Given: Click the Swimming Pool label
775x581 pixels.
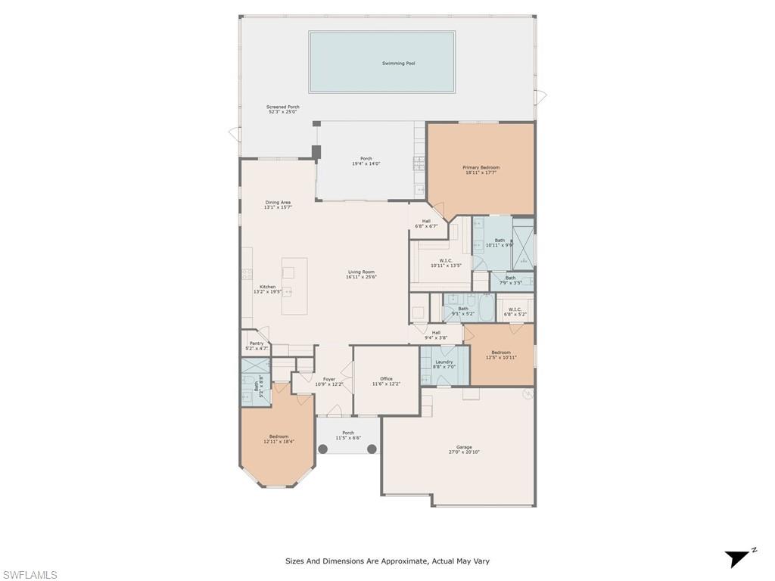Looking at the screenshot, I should (x=398, y=64).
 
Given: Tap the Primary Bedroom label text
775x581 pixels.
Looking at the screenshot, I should (x=481, y=167).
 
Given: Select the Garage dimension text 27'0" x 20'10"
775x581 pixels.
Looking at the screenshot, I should (x=464, y=452).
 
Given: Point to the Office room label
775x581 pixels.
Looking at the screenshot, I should (x=386, y=379).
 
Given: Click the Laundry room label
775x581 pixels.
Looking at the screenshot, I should (x=444, y=362).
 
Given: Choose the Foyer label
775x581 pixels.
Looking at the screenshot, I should (x=329, y=379).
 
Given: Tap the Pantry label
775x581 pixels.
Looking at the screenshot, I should (x=257, y=343).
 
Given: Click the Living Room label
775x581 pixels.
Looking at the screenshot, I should (x=361, y=272).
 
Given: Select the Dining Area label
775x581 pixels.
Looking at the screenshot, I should (x=278, y=202).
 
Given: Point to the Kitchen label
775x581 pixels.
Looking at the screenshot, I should (x=267, y=287).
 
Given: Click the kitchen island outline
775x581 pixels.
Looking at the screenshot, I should (x=294, y=286).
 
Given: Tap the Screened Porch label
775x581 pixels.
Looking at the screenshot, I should (x=282, y=107).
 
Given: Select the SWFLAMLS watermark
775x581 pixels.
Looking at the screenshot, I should (x=30, y=575).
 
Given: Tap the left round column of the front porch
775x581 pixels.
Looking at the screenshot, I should (x=322, y=449).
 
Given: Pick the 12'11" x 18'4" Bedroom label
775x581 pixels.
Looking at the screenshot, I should (x=278, y=437).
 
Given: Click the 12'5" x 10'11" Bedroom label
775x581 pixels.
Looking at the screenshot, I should (x=500, y=353).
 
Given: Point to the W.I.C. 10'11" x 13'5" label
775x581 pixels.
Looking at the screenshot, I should (x=446, y=261).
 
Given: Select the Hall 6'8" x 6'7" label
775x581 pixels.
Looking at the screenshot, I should (x=426, y=221).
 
